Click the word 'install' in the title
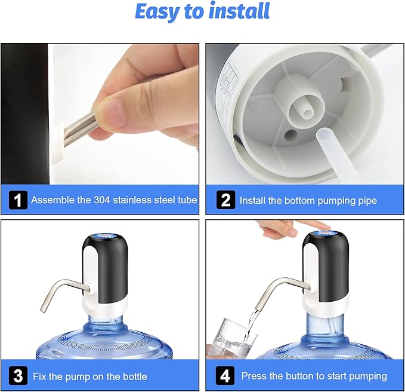pyautogui.click(x=239, y=11)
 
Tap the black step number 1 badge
pyautogui.click(x=18, y=200)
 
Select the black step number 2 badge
pyautogui.click(x=225, y=200)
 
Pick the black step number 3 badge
pyautogui.click(x=18, y=376)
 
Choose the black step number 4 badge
pyautogui.click(x=225, y=375)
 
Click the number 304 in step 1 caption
pyautogui.click(x=102, y=200)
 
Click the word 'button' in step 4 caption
pyautogui.click(x=298, y=376)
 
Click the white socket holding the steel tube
pyautogui.click(x=57, y=144)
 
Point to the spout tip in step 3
pyautogui.click(x=43, y=310)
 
